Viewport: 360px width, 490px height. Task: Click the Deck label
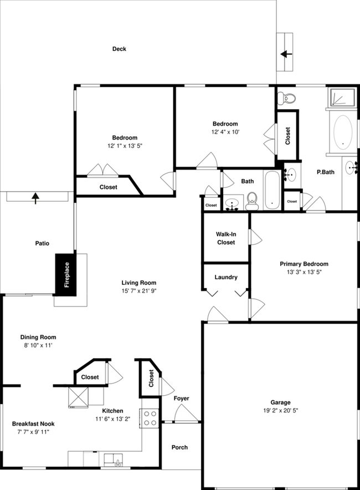coord(119,49)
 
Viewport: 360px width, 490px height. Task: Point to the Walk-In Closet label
coord(226,238)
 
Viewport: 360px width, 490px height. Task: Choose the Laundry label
coord(226,277)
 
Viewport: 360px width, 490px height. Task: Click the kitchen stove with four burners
coord(150,417)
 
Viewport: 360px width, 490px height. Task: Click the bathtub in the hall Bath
coord(272,190)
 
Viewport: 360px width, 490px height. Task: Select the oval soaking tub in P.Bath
coord(343,132)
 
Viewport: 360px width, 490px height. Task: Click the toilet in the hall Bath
coord(253,200)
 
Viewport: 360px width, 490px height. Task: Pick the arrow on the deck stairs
coord(286,54)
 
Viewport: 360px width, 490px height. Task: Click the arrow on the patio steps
coord(37,197)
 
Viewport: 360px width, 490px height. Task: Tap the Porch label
coord(179,447)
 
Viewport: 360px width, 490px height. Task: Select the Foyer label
coord(181,399)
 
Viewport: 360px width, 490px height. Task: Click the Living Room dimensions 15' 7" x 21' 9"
coord(139,291)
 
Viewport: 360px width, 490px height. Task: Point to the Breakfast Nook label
coord(33,423)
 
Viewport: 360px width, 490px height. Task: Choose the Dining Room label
coord(38,337)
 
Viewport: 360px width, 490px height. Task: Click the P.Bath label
coord(325,172)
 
